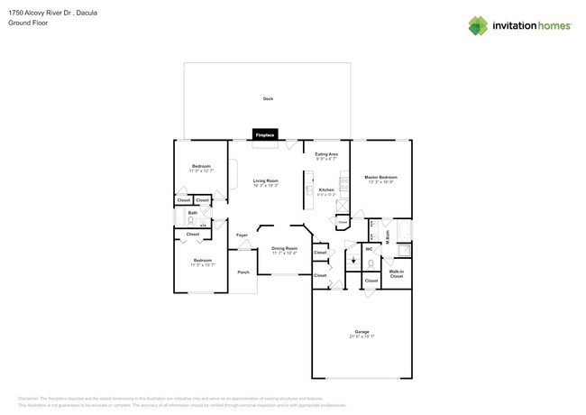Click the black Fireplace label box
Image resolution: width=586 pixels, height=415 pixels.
[265, 134]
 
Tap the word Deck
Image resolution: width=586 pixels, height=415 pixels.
[268, 98]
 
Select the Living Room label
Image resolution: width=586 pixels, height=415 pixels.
[265, 180]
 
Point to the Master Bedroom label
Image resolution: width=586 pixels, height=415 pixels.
[380, 177]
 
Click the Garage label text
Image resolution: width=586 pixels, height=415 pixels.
[362, 331]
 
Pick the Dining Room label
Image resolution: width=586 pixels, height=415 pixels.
[284, 248]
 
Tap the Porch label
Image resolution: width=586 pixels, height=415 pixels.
[243, 272]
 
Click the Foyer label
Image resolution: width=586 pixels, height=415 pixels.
[242, 235]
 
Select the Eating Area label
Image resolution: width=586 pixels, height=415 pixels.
[326, 154]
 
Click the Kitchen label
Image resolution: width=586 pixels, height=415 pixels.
[326, 189]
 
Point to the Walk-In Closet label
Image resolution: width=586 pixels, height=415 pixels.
[397, 272]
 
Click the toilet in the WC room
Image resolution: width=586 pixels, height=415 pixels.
[371, 264]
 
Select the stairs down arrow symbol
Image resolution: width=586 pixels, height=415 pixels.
[353, 263]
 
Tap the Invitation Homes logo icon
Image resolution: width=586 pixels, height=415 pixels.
[478, 25]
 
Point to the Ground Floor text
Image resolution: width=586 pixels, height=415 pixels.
[28, 23]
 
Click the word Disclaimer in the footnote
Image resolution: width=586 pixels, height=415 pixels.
[28, 398]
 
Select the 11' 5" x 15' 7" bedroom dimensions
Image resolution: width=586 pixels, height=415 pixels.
[201, 264]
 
